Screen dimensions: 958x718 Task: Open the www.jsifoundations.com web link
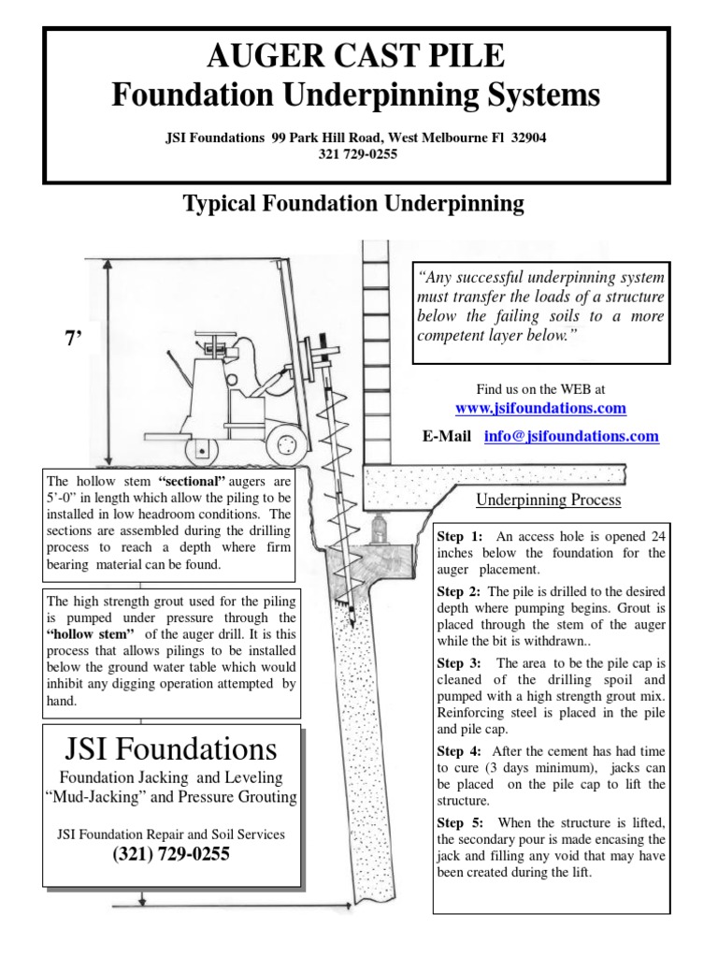pyautogui.click(x=540, y=409)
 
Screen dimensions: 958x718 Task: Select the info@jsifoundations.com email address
pyautogui.click(x=571, y=436)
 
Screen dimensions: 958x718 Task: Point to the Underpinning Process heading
pyautogui.click(x=549, y=500)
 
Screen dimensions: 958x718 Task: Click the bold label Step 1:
pyautogui.click(x=460, y=536)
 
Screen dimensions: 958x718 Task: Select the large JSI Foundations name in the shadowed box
pyautogui.click(x=170, y=748)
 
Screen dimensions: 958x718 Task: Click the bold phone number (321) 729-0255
pyautogui.click(x=170, y=854)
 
